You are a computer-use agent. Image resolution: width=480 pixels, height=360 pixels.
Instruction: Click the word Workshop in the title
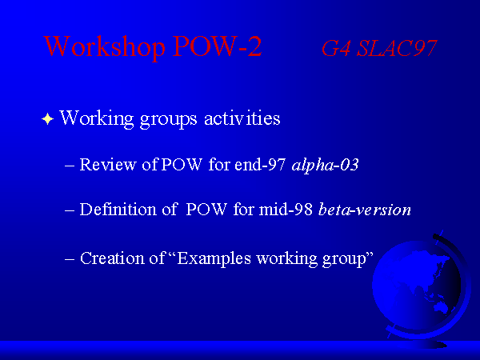pos(104,47)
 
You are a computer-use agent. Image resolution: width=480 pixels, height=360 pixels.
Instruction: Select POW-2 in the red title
pos(218,46)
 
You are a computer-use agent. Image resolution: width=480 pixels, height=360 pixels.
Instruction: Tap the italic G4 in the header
pos(336,48)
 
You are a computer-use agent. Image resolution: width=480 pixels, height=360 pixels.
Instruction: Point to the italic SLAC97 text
pos(397,48)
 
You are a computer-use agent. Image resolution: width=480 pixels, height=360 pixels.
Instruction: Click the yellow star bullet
pos(48,118)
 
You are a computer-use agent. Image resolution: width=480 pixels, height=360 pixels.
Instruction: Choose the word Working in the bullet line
pos(97,118)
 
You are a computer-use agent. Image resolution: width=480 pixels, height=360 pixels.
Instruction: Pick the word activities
pos(242,118)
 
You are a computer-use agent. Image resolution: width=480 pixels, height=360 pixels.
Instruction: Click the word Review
pos(108,164)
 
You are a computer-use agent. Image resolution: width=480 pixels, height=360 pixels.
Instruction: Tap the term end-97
pos(260,164)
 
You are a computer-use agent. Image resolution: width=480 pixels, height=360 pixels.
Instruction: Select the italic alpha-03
pos(325,165)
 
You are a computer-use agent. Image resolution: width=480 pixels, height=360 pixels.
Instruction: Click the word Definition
pos(118,210)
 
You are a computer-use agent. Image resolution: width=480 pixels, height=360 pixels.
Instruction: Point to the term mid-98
pos(286,210)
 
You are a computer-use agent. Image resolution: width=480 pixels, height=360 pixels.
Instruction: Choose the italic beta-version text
pos(365,210)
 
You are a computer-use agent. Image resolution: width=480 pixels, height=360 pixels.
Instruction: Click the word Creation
pos(112,258)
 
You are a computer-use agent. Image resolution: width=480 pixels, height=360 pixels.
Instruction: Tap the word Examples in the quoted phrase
pos(214,258)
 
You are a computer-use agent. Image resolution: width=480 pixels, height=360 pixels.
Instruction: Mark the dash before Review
pos(70,166)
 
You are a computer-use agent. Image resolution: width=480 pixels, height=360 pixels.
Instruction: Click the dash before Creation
pos(70,259)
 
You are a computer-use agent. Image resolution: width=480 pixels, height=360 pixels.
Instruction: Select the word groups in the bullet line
pos(168,119)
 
